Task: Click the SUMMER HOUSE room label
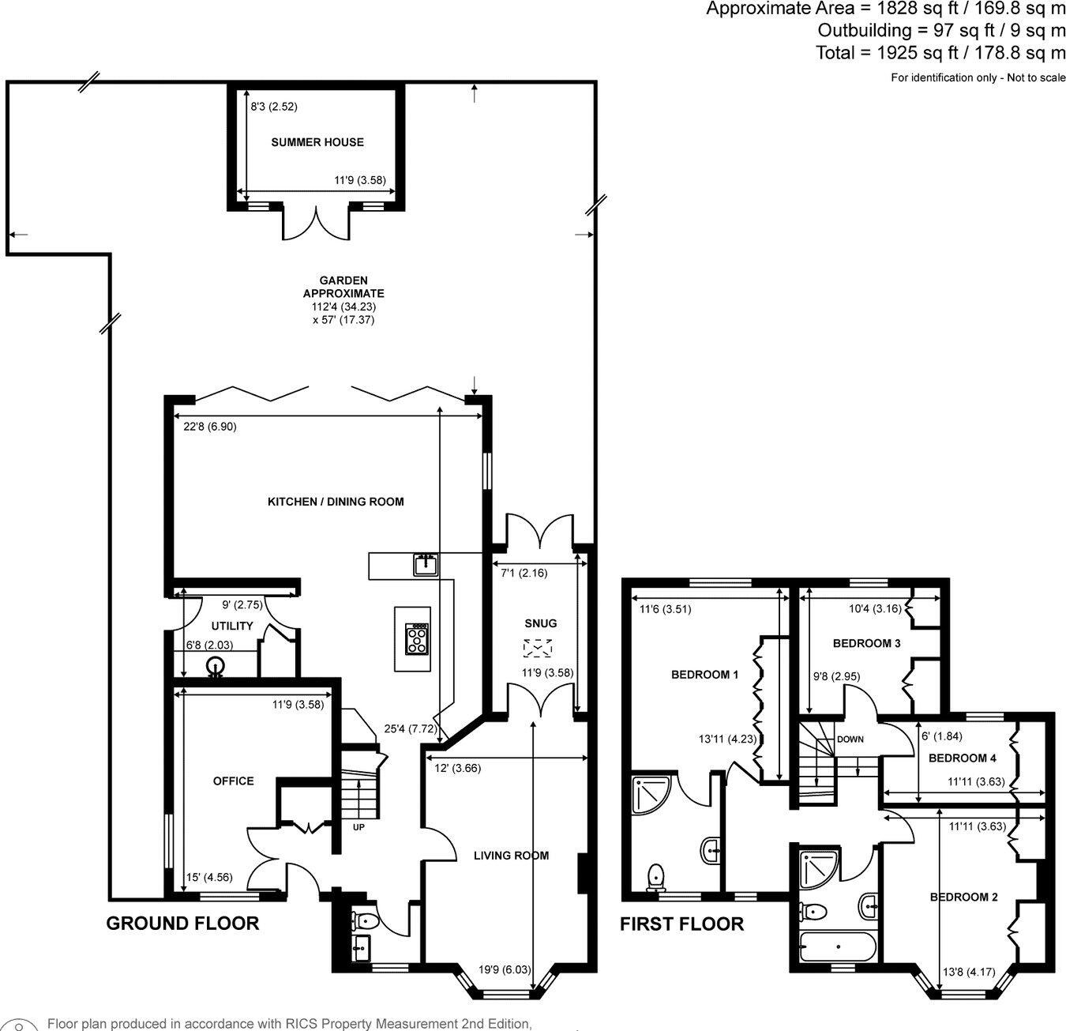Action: (x=317, y=142)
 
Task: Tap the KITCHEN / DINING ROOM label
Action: (x=336, y=502)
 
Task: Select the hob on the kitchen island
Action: (x=417, y=638)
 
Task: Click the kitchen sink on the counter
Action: (x=426, y=565)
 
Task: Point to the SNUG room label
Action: (x=540, y=623)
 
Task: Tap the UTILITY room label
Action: (x=232, y=626)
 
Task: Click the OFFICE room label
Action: (x=234, y=781)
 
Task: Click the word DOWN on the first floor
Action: (x=850, y=739)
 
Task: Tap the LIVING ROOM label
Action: (x=511, y=856)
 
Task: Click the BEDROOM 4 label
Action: (x=962, y=758)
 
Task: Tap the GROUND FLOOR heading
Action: (x=182, y=923)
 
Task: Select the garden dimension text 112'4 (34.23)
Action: (x=343, y=307)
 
